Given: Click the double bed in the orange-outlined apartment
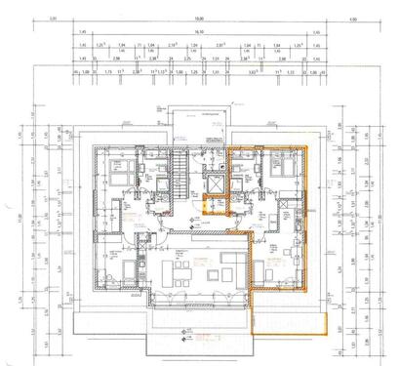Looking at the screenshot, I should click(284, 164).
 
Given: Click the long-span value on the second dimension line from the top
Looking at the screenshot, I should click(198, 32).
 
